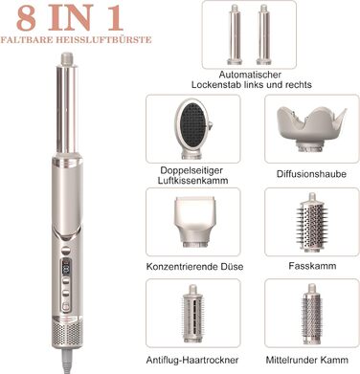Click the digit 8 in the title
pos(26,18)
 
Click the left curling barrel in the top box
pos(235,34)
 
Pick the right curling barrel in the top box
pos(263,34)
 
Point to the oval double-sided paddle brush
pos(193,128)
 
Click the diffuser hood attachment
pos(311,128)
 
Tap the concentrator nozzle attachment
pos(194,222)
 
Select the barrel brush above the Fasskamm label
pos(312,222)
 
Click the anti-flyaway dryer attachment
pos(192,313)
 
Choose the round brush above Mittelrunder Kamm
pos(311,314)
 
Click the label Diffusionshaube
pos(311,174)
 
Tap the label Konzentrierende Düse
pos(194,266)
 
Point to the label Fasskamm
pos(312,266)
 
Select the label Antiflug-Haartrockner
pos(192,360)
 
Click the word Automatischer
pos(250,75)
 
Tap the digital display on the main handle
pos(66,267)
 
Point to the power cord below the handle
pos(68,361)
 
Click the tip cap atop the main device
pos(67,59)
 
